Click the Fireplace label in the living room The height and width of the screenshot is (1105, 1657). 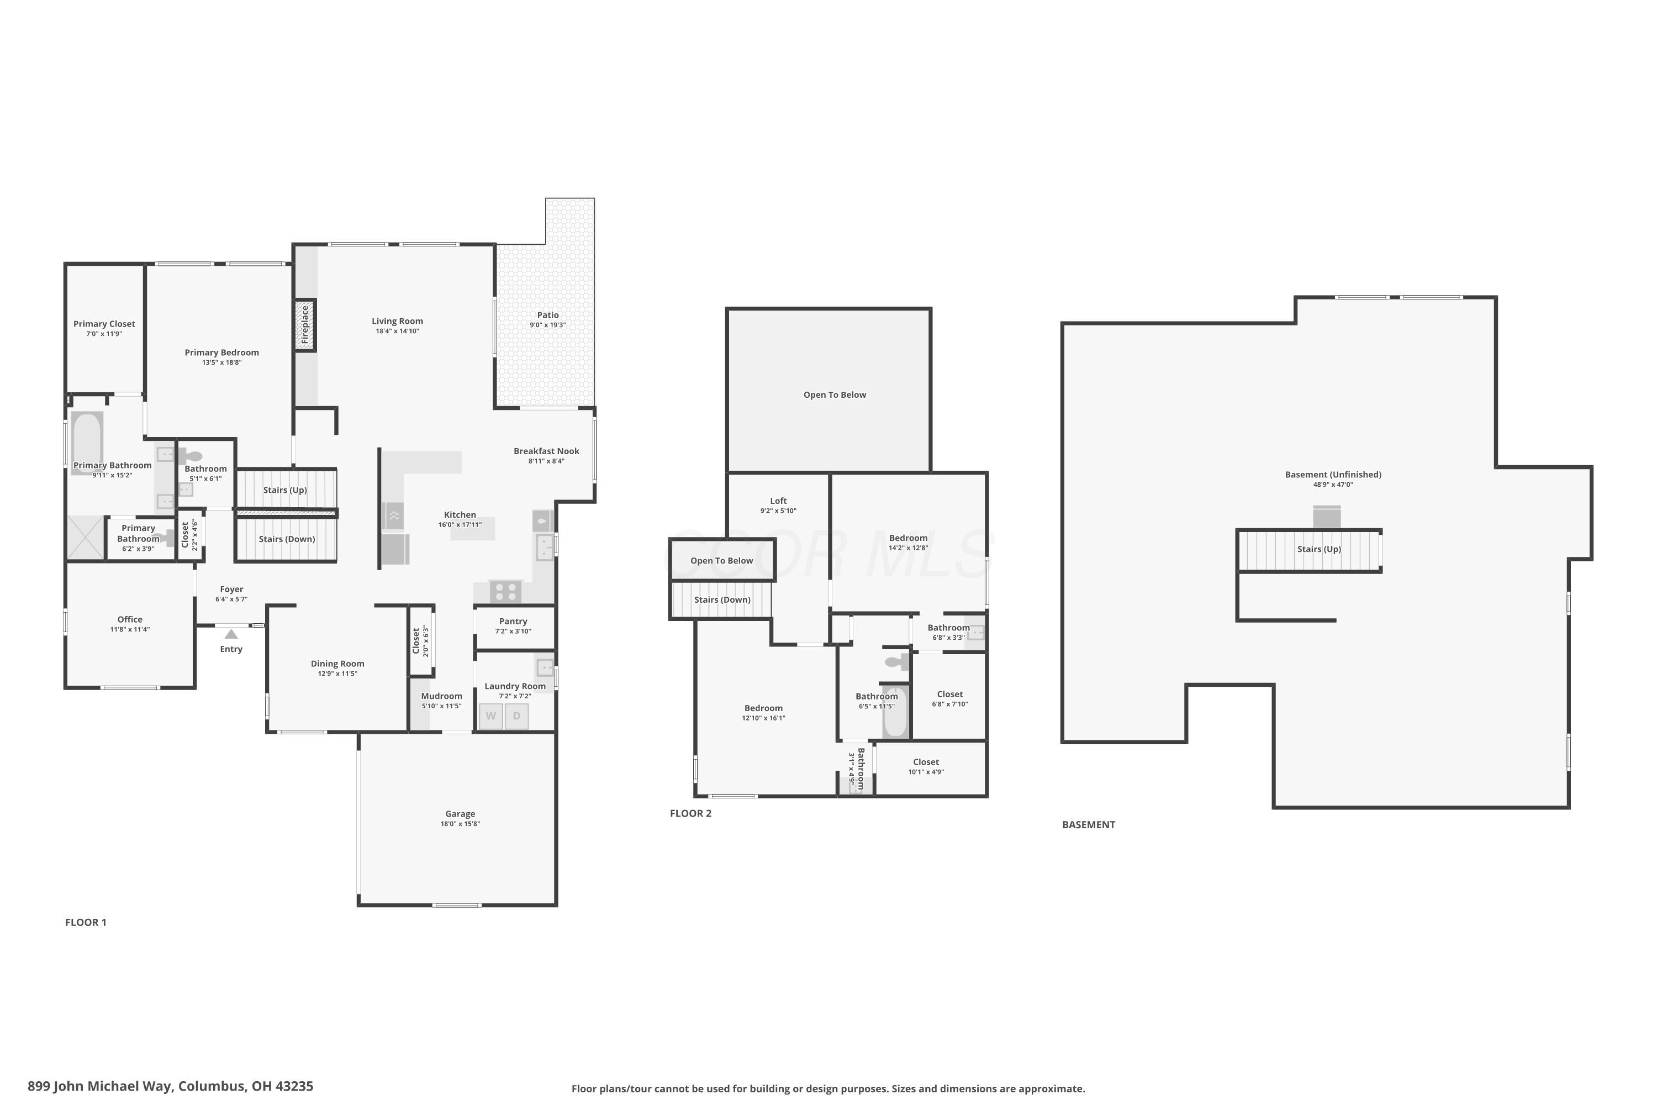pyautogui.click(x=305, y=324)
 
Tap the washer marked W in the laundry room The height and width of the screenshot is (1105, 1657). pyautogui.click(x=491, y=716)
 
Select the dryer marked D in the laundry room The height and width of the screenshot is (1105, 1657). pyautogui.click(x=516, y=716)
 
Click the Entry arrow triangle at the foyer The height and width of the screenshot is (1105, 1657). pyautogui.click(x=231, y=634)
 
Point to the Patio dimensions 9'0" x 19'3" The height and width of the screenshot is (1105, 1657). pyautogui.click(x=548, y=325)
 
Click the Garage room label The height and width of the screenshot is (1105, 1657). pyautogui.click(x=460, y=814)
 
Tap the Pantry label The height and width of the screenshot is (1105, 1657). pyautogui.click(x=513, y=622)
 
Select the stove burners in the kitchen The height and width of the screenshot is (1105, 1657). pyautogui.click(x=506, y=591)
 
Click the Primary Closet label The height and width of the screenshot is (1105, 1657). pyautogui.click(x=104, y=324)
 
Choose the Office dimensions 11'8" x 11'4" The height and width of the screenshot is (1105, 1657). pyautogui.click(x=130, y=629)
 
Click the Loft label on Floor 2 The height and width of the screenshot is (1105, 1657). pyautogui.click(x=778, y=501)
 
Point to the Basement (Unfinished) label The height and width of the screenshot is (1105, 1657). pyautogui.click(x=1333, y=475)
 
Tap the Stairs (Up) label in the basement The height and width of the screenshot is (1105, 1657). pyautogui.click(x=1319, y=549)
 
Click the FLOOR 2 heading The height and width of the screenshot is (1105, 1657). pyautogui.click(x=690, y=813)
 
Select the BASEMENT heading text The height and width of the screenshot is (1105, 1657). pyautogui.click(x=1089, y=824)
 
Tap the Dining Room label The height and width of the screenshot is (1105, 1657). pyautogui.click(x=337, y=664)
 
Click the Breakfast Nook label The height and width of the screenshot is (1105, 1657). pyautogui.click(x=547, y=451)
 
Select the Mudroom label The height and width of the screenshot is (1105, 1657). pyautogui.click(x=442, y=696)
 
